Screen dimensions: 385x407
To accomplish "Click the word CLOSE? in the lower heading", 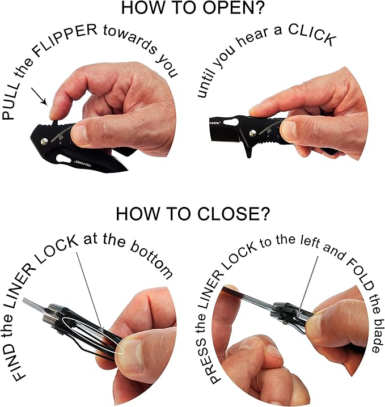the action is tap(234, 213).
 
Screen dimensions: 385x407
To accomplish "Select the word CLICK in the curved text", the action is tap(312, 35).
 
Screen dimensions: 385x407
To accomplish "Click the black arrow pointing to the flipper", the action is tap(39, 96).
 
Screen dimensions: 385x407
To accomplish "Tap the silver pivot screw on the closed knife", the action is tap(45, 141).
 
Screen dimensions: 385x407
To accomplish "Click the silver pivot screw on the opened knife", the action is tap(252, 133).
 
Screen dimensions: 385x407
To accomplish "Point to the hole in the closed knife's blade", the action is tap(62, 159).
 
